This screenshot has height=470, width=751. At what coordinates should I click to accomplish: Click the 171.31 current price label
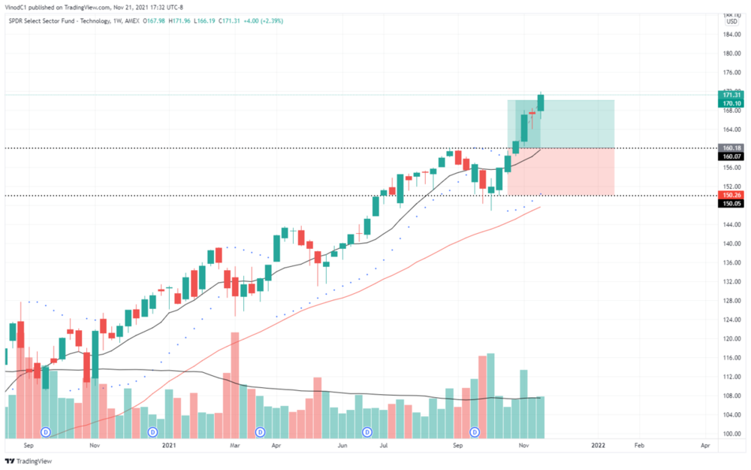click(x=731, y=95)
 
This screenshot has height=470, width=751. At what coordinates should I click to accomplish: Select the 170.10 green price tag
click(x=731, y=104)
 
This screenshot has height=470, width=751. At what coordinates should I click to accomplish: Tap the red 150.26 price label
click(x=731, y=195)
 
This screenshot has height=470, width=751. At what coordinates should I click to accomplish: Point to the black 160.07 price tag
click(x=731, y=156)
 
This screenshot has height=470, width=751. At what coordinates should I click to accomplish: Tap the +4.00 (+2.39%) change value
click(x=260, y=20)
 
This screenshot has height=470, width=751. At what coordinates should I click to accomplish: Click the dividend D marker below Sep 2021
click(x=475, y=432)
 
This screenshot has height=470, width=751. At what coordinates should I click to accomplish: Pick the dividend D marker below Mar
click(x=261, y=432)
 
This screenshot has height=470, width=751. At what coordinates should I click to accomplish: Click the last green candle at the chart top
click(x=541, y=102)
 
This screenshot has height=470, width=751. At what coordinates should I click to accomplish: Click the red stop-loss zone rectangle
click(x=560, y=171)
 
